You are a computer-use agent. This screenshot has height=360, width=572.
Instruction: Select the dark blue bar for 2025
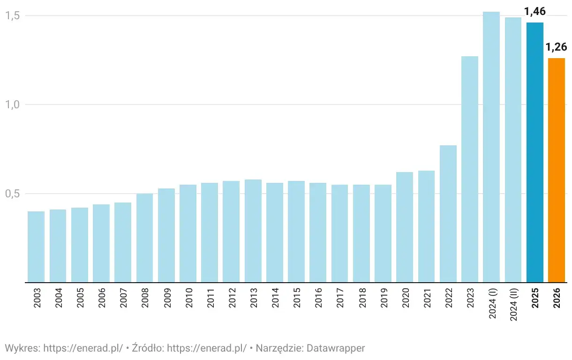(x=535, y=152)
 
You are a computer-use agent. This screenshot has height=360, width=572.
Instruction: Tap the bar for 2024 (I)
(x=491, y=147)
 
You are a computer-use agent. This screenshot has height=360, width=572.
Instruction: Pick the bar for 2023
(x=470, y=169)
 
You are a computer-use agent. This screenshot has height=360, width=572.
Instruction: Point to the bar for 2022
(x=448, y=214)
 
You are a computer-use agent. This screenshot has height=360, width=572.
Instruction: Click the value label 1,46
(x=535, y=12)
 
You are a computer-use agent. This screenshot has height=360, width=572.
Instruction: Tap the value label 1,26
(x=557, y=47)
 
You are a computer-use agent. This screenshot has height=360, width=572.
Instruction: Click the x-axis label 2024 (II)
(x=513, y=305)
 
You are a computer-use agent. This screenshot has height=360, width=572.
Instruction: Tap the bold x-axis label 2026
(x=557, y=298)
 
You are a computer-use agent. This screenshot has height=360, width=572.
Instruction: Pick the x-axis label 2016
(x=318, y=298)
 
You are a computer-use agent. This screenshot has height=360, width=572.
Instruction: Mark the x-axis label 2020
(x=405, y=298)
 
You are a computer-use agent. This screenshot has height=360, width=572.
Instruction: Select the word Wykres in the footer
(x=22, y=348)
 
